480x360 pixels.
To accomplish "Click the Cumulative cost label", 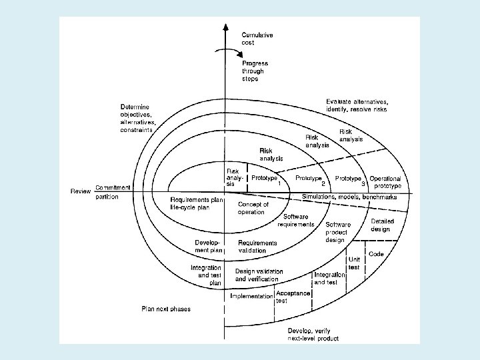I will (x=257, y=38).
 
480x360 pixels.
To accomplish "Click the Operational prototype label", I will (x=385, y=182).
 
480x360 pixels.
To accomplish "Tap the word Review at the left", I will (x=81, y=191).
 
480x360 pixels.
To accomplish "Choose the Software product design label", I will (x=338, y=232).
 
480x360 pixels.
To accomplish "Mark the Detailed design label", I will (x=382, y=225).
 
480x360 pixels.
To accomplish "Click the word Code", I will (x=376, y=254).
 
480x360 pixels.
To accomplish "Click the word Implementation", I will (x=251, y=296).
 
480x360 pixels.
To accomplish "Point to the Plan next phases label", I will (x=165, y=309).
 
